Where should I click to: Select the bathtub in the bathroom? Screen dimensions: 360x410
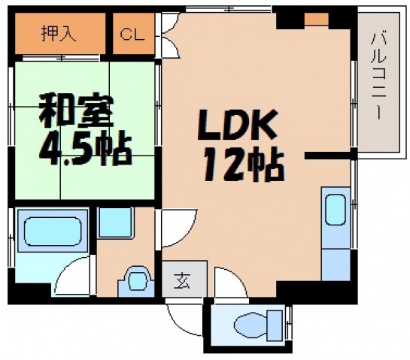(51, 232)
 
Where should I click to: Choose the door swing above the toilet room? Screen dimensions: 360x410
(226, 283)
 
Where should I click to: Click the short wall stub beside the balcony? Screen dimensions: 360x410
(328, 156)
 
